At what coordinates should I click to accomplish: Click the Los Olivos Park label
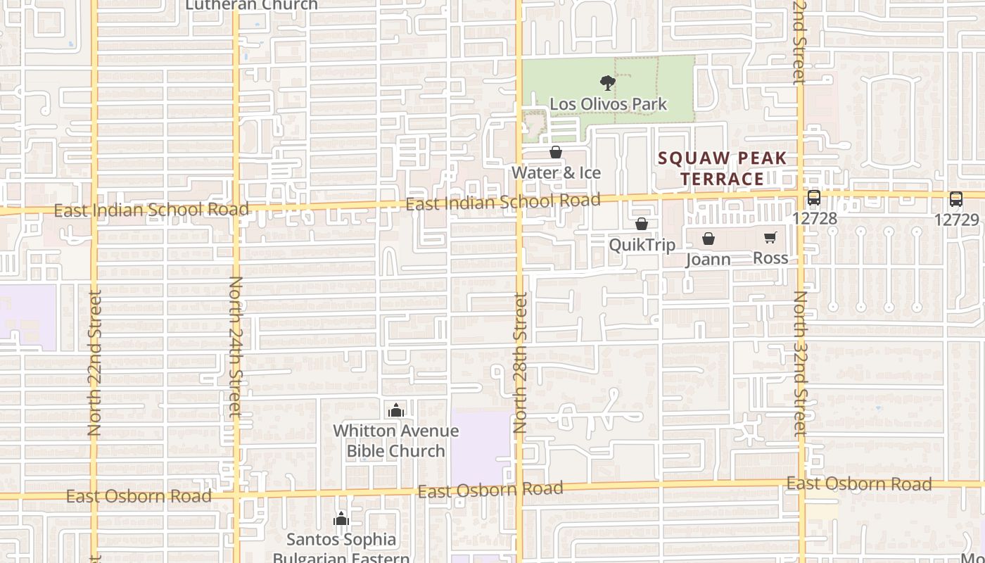point(608,104)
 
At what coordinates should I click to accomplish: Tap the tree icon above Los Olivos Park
point(608,83)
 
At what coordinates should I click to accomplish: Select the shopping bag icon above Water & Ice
point(555,152)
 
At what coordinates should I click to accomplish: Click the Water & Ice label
point(556,172)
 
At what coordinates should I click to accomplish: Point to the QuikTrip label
point(642,245)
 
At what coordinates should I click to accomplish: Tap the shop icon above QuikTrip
point(642,224)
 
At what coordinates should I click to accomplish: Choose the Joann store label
point(708,259)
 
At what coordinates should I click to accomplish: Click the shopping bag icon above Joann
point(708,239)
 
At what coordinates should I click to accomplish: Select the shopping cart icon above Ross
point(770,238)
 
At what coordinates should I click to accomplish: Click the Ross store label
point(770,258)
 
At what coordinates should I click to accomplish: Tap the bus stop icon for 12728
point(814,198)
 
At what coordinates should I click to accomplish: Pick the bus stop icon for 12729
point(956,199)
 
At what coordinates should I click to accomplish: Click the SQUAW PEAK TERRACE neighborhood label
point(723,168)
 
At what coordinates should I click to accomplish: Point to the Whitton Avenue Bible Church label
point(395,441)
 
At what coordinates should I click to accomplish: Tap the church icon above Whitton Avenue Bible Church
point(396,410)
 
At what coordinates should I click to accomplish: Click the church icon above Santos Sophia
point(341,519)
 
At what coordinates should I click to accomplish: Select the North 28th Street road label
point(520,362)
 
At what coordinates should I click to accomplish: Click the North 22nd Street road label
point(95,362)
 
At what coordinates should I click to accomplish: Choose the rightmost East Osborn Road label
point(858,484)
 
